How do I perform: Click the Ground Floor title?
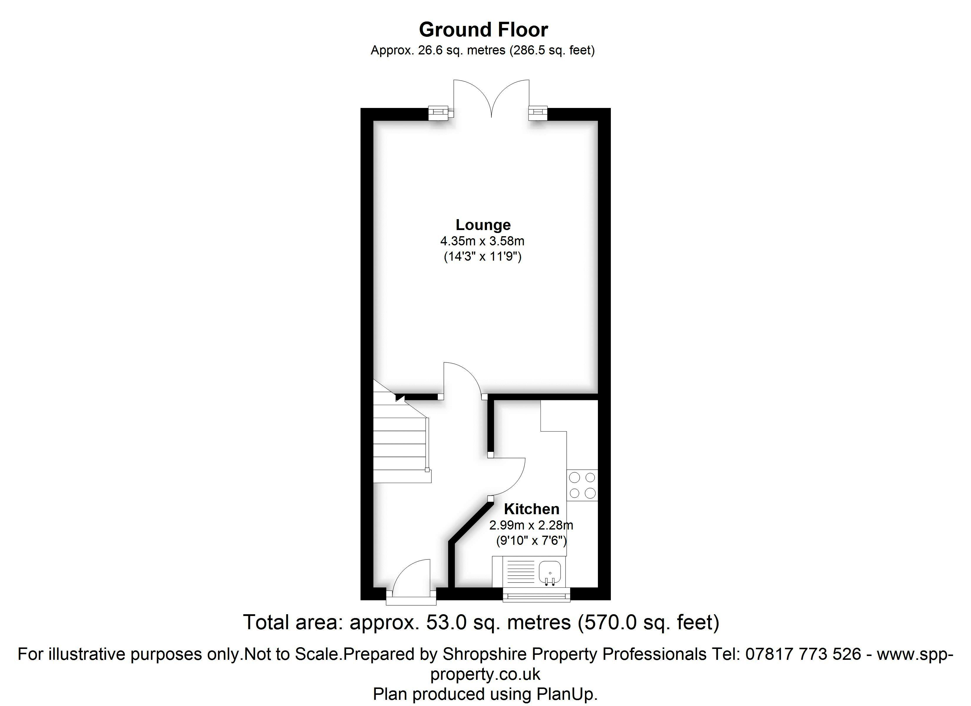click(x=483, y=29)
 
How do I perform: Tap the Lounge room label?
click(x=483, y=225)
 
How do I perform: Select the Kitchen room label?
click(x=531, y=509)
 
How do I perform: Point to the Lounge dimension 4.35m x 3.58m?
click(x=483, y=241)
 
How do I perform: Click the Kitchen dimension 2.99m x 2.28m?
click(x=531, y=525)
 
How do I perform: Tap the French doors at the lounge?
click(x=491, y=99)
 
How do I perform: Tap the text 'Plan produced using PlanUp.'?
click(x=485, y=694)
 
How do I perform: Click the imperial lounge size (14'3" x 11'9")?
click(x=483, y=257)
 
